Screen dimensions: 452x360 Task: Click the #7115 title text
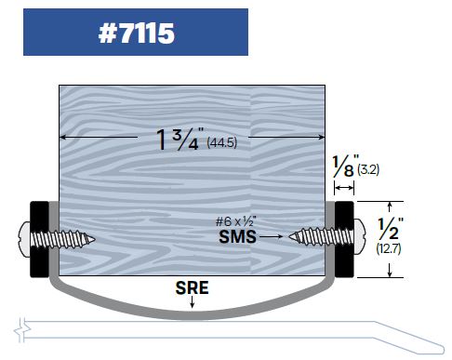(137, 33)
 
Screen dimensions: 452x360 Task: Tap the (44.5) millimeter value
(221, 142)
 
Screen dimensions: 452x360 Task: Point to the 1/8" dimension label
(345, 166)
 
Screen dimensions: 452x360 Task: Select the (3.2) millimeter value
(368, 169)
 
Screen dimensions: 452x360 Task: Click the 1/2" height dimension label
(391, 229)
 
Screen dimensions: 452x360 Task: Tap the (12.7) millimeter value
(389, 248)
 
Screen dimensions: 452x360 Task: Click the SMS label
(237, 237)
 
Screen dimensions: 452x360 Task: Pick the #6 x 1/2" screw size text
(236, 221)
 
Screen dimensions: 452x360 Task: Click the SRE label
(192, 287)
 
